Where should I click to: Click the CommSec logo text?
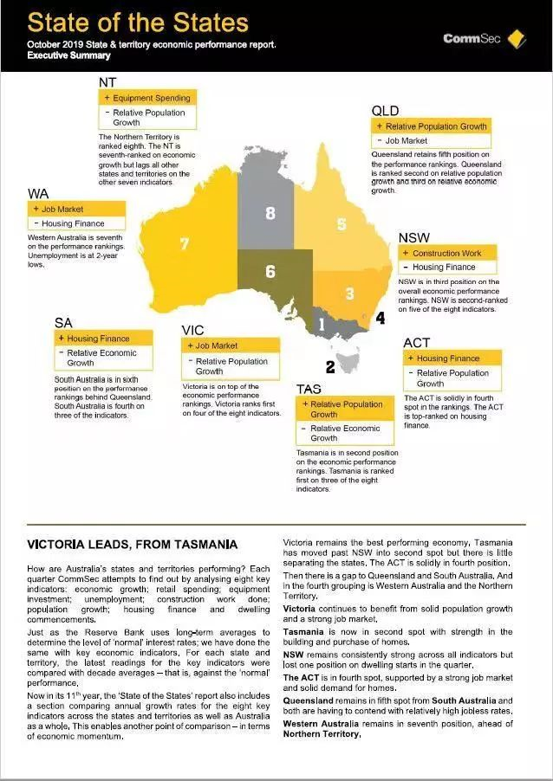pyautogui.click(x=473, y=38)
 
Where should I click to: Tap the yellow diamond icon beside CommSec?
pyautogui.click(x=518, y=37)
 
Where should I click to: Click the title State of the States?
pyautogui.click(x=138, y=23)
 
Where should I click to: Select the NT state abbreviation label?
pyautogui.click(x=109, y=82)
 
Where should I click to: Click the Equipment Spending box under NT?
pyautogui.click(x=147, y=98)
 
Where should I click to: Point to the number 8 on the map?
pyautogui.click(x=270, y=213)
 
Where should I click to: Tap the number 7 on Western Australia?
pyautogui.click(x=184, y=244)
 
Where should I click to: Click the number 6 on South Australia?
pyautogui.click(x=270, y=272)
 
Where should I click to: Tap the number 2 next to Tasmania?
pyautogui.click(x=330, y=367)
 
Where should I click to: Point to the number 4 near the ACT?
pyautogui.click(x=380, y=319)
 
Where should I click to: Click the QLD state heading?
pyautogui.click(x=385, y=111)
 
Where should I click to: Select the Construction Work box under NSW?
pyautogui.click(x=448, y=253)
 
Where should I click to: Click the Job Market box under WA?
pyautogui.click(x=76, y=209)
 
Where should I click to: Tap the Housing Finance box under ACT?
pyautogui.click(x=453, y=358)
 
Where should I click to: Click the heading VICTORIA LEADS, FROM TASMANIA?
pyautogui.click(x=132, y=545)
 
